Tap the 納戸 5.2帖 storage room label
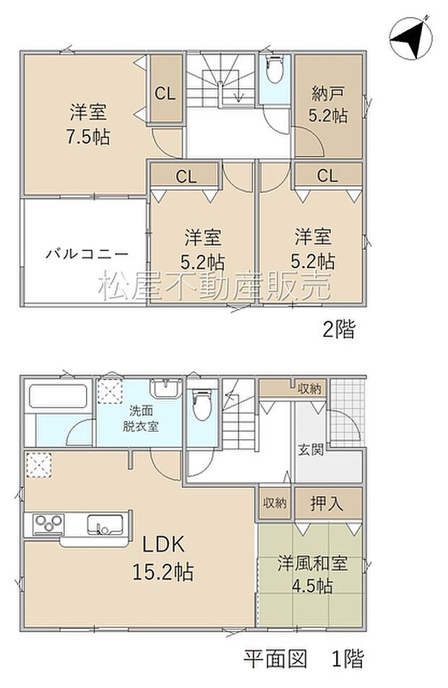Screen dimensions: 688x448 (x=328, y=105)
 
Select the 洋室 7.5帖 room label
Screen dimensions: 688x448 (x=90, y=124)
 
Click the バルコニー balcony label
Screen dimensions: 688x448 (x=87, y=254)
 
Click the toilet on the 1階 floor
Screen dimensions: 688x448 (x=202, y=404)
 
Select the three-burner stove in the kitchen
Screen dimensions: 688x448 (x=46, y=523)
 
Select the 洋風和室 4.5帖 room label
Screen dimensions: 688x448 (x=313, y=574)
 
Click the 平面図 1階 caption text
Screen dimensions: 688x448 (x=303, y=658)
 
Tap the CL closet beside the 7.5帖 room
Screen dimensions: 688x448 (x=165, y=93)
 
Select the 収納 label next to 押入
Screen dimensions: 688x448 (x=275, y=503)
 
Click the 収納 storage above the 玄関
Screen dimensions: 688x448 (x=309, y=389)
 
